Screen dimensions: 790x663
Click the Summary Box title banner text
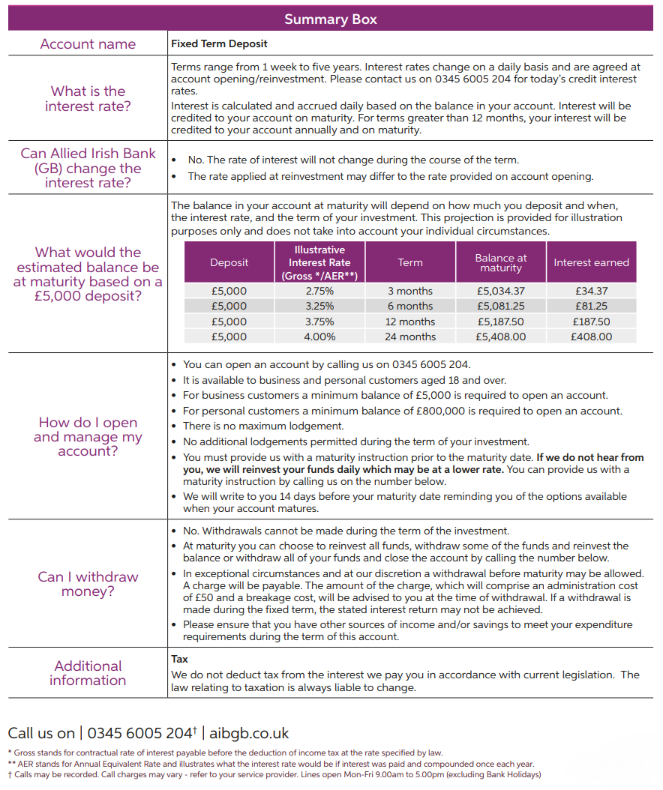click(x=331, y=19)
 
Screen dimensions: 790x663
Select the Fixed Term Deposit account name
click(x=219, y=44)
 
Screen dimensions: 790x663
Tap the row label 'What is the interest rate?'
click(x=88, y=99)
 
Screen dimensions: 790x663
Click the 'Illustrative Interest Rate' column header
click(x=319, y=262)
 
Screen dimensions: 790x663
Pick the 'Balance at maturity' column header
click(x=501, y=262)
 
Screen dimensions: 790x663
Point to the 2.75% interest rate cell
click(x=319, y=291)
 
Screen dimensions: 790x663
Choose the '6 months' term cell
click(x=410, y=306)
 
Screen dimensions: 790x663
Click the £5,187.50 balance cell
click(x=501, y=322)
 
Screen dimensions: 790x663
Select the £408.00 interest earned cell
click(x=591, y=337)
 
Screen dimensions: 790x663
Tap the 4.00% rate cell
click(x=319, y=337)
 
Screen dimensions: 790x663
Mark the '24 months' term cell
click(x=410, y=337)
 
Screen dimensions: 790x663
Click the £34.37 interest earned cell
click(x=591, y=291)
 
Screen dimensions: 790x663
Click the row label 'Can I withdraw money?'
click(x=88, y=584)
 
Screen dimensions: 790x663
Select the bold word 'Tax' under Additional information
click(x=179, y=660)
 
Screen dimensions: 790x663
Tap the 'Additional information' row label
click(x=88, y=673)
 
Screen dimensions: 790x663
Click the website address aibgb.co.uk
click(x=249, y=733)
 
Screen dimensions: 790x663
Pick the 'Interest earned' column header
click(x=591, y=262)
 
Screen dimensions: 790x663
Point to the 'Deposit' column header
click(x=229, y=262)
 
